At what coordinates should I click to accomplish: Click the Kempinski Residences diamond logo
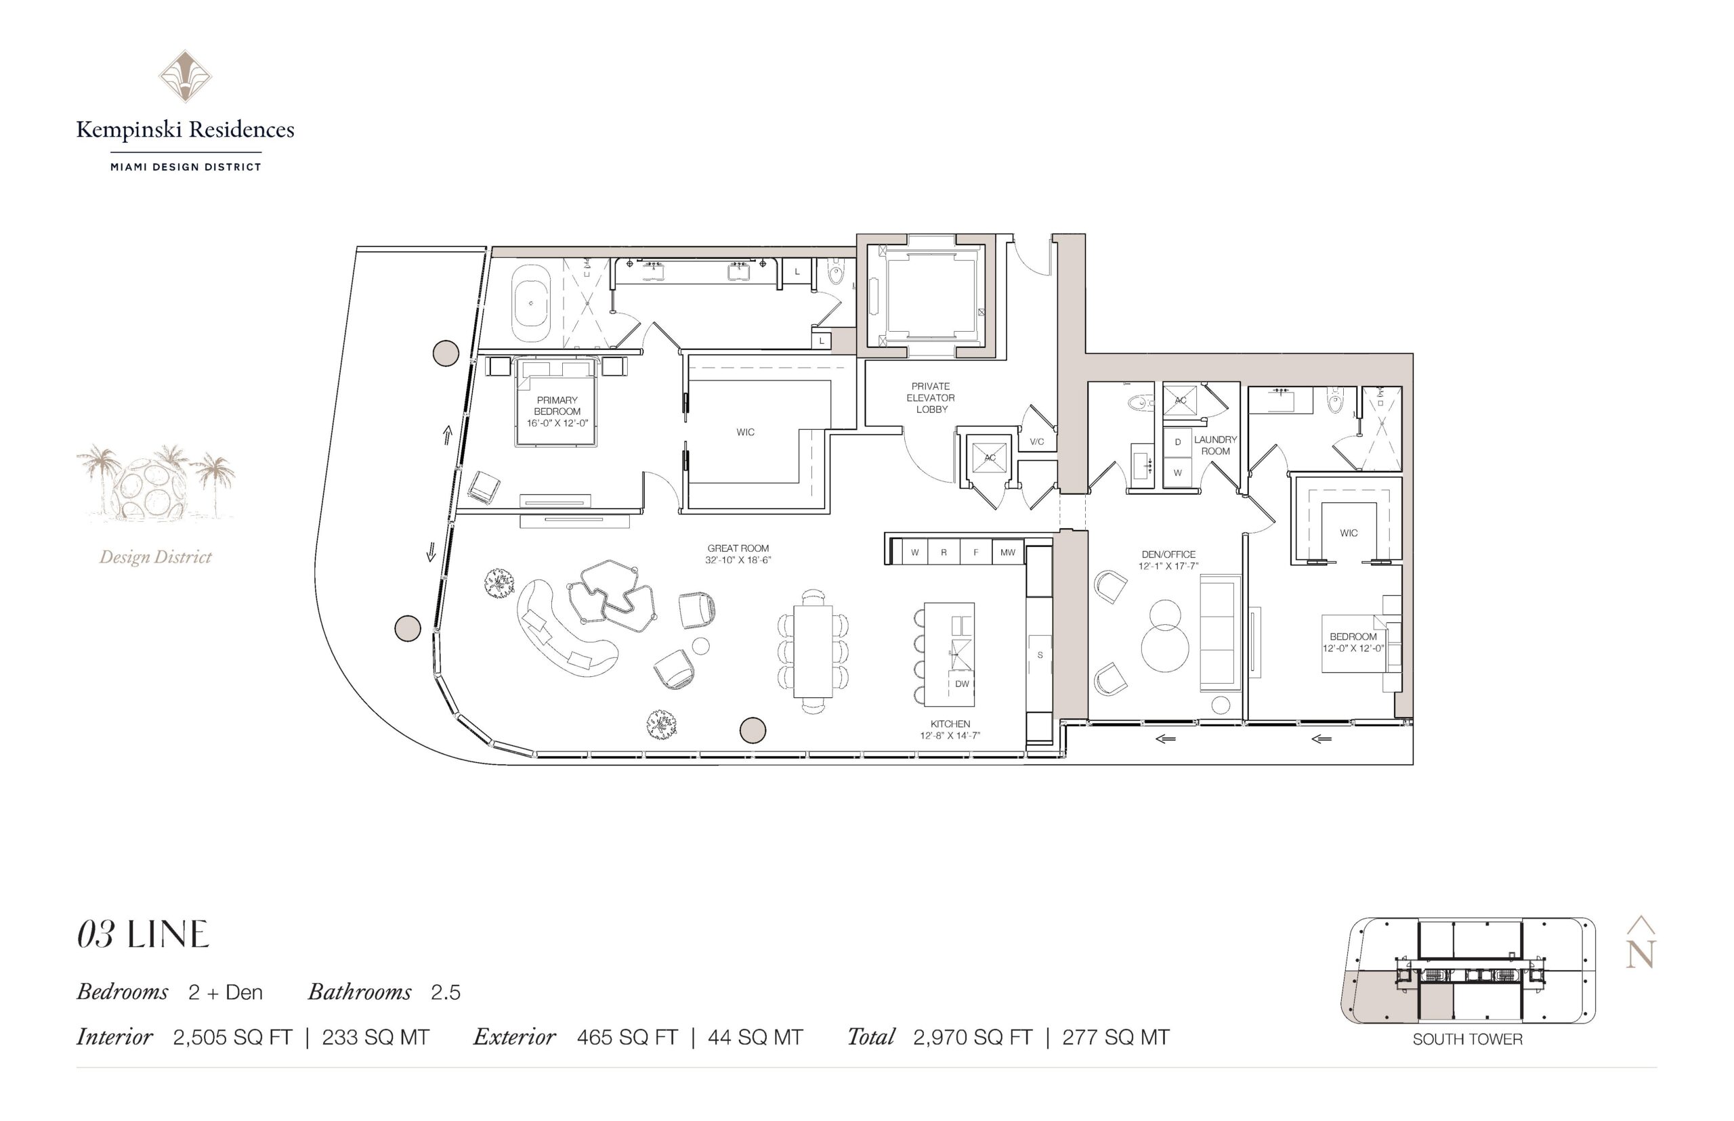coord(185,76)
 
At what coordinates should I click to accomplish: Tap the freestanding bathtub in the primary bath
coord(531,303)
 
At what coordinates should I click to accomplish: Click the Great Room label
coord(738,554)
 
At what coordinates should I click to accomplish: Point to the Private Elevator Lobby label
coord(931,397)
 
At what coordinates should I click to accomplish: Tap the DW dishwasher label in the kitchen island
coord(962,684)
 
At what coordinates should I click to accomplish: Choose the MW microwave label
coord(1007,552)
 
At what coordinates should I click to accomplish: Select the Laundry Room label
coord(1214,445)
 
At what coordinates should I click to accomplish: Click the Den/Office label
coord(1168,560)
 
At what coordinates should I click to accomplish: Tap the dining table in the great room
coord(813,651)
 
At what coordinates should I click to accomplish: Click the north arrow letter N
coord(1640,954)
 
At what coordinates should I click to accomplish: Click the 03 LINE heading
coord(143,935)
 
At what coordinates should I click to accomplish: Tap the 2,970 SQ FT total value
coord(972,1037)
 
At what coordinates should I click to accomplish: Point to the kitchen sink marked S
coord(1039,655)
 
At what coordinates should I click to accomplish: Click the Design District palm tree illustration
coord(156,483)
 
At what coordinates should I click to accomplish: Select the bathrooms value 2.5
coord(446,992)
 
